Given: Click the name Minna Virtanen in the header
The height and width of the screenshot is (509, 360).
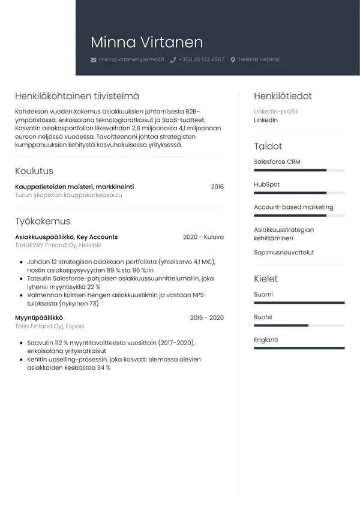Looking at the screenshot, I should (146, 42).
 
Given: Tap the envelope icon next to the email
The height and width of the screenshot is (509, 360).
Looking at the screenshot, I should (93, 60).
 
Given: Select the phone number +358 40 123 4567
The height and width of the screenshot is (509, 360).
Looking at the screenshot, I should (201, 60).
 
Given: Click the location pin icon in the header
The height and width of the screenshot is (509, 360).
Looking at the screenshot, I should (233, 60).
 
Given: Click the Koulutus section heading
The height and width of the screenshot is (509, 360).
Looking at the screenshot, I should (34, 171).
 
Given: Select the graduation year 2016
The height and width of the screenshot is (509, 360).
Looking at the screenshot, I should (217, 187).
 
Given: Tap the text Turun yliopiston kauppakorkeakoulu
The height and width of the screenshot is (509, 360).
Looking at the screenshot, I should (68, 195).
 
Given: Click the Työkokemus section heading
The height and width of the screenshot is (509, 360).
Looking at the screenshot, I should (43, 221).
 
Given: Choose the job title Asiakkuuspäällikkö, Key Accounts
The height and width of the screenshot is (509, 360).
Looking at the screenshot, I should (66, 237).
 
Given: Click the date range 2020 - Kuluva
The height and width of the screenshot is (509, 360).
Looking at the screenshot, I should (203, 237).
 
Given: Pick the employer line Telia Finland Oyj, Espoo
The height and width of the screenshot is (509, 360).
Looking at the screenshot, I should (49, 326).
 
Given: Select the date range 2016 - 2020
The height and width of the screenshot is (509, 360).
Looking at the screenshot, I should (206, 318).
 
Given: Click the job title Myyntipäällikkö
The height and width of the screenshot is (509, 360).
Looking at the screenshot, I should (39, 318).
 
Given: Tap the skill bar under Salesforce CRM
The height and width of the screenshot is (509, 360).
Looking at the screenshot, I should (299, 170).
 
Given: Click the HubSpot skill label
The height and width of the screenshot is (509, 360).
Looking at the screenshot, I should (266, 184).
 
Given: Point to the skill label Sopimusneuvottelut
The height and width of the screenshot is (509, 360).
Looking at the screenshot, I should (284, 253).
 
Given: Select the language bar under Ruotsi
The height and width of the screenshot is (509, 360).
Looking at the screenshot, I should (299, 325).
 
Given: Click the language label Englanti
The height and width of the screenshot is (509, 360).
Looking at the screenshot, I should (266, 340).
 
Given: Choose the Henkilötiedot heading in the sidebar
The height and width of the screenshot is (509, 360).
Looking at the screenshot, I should (283, 96).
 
